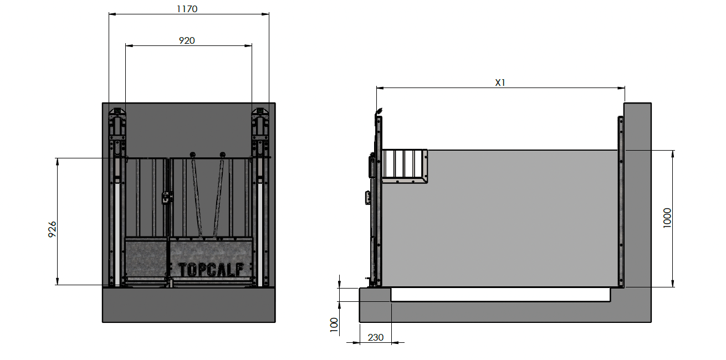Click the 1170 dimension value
pos(187,9)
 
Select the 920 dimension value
pos(187,40)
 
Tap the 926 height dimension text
pos(52,229)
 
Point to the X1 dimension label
pos(500,83)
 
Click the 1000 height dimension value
pos(667,218)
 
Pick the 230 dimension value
pos(376,337)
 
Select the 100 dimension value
pos(334,325)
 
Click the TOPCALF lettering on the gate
pos(211,270)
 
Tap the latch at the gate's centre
pos(166,197)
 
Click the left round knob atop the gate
pos(192,155)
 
